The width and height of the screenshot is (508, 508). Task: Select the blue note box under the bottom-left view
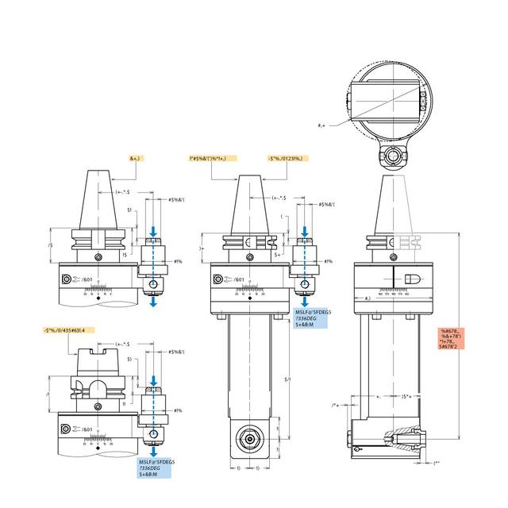coord(156,468)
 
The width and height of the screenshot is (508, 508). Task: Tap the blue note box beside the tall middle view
coord(312,318)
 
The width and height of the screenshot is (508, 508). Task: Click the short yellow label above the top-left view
coord(134,159)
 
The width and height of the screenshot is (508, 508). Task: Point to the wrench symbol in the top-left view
coord(75,279)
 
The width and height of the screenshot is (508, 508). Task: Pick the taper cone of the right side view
coord(393,205)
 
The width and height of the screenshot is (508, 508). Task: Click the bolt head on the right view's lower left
coord(350,436)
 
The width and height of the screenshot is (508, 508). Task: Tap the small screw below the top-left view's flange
coord(98,256)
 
